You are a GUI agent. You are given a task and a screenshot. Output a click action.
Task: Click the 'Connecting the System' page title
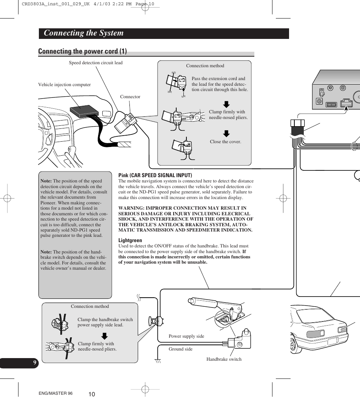(83, 33)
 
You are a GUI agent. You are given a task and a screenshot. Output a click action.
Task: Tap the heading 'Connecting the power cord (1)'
(82, 51)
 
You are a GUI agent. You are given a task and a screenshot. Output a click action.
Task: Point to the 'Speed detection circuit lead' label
(95, 63)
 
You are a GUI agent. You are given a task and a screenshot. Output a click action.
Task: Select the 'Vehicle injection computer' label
(65, 85)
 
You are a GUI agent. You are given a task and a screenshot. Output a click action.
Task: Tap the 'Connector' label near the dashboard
(130, 97)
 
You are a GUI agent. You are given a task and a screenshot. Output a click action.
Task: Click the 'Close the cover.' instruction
(225, 142)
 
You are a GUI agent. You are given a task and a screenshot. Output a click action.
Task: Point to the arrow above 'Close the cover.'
(226, 133)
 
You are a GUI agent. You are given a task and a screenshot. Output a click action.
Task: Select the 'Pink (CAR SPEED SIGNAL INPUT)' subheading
(155, 175)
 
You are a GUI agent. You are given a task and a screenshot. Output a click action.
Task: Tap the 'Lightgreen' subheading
(130, 240)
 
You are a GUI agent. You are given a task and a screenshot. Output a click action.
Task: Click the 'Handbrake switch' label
(224, 359)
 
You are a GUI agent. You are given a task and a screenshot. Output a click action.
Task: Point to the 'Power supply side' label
(186, 336)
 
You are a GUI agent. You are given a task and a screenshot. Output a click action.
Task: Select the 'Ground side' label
(180, 349)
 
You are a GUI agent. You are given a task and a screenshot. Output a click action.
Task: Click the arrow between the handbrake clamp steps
(105, 336)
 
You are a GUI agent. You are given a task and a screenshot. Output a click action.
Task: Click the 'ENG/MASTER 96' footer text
(55, 394)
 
